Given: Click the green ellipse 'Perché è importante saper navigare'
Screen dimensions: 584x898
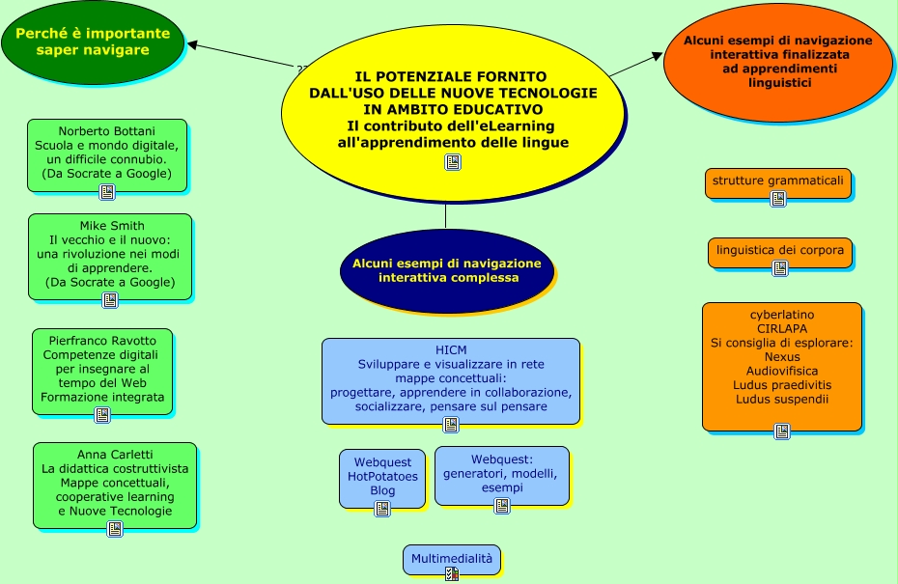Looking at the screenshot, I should [92, 42].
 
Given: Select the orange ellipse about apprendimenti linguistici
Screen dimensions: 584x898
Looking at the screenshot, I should [776, 62].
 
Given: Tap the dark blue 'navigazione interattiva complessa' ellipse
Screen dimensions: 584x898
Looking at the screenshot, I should [447, 270].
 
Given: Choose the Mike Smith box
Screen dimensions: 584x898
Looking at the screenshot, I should [110, 255].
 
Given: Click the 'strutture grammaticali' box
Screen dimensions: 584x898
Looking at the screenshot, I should [777, 181].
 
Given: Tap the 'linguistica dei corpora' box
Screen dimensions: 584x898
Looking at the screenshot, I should [779, 251].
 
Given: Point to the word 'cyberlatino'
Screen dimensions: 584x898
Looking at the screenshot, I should [782, 315].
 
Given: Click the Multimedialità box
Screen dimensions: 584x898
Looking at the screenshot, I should [452, 559].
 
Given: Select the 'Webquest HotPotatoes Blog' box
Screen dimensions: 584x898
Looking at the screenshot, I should [382, 477].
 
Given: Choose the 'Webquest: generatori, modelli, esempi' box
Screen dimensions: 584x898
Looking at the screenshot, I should [501, 474].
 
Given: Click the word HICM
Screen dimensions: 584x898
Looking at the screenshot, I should [451, 348].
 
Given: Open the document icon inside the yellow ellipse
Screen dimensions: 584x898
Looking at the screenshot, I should [452, 162].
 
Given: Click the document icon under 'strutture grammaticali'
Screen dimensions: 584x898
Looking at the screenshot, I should [777, 199].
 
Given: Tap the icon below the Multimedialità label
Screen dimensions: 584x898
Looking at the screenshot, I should [450, 574].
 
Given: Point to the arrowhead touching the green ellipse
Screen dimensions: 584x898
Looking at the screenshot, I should [193, 43].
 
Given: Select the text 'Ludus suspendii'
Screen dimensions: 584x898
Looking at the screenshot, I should [782, 399].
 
